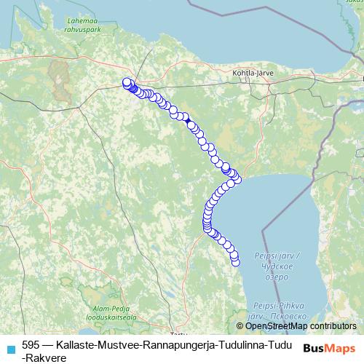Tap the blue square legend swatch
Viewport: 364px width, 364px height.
click(10, 347)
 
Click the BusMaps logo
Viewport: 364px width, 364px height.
click(329, 347)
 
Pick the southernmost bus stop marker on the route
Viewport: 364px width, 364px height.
click(235, 262)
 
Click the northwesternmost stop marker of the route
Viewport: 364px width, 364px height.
click(127, 82)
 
